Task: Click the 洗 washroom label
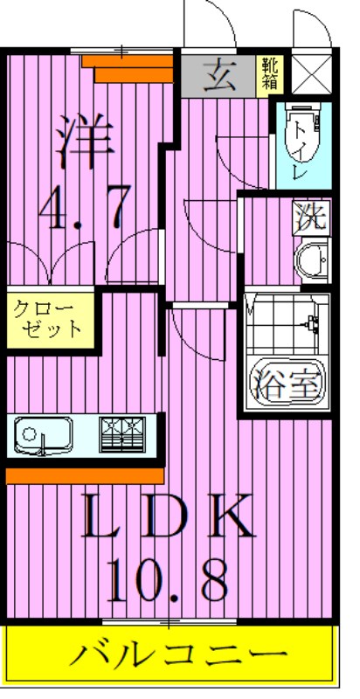(310, 217)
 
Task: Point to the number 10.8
(168, 577)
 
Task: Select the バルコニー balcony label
(178, 653)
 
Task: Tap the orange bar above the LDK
(85, 474)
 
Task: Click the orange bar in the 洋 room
(133, 69)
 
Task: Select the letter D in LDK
(166, 518)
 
